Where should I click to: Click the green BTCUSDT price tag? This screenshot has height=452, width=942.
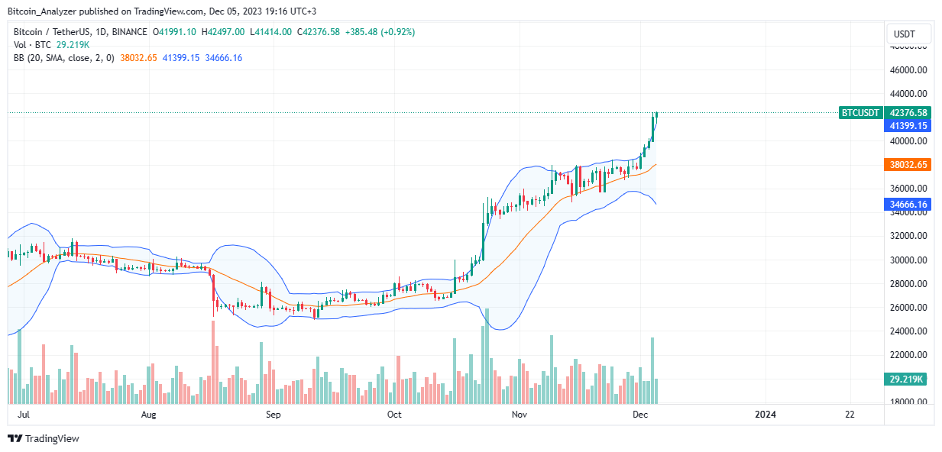tap(859, 113)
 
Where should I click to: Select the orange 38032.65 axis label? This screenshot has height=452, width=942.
tap(908, 164)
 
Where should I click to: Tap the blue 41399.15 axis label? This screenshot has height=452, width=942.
tap(908, 126)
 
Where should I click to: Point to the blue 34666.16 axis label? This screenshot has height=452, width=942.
tap(908, 205)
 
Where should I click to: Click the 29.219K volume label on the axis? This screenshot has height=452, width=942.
tap(905, 379)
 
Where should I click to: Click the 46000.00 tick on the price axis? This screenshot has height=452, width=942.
tap(908, 69)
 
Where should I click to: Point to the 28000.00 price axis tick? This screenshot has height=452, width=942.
tap(908, 284)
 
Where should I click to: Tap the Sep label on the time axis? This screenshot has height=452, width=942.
tap(273, 415)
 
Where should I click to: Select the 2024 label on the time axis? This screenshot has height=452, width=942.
tap(766, 415)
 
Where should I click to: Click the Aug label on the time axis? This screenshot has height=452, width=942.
tap(148, 415)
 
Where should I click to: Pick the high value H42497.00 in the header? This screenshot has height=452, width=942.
tap(223, 32)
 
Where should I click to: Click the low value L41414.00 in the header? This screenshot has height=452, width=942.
tap(270, 32)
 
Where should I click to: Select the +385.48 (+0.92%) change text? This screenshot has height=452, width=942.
tap(380, 32)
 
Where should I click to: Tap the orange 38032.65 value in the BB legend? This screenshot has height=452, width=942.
tap(138, 58)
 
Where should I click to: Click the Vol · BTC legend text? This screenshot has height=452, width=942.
tap(32, 45)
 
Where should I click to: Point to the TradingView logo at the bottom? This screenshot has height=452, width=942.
tap(44, 438)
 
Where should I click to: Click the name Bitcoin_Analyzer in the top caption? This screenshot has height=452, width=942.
tap(42, 11)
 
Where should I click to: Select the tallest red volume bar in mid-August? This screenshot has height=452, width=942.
tap(213, 363)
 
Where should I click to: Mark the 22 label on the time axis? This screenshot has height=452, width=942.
tap(850, 415)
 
